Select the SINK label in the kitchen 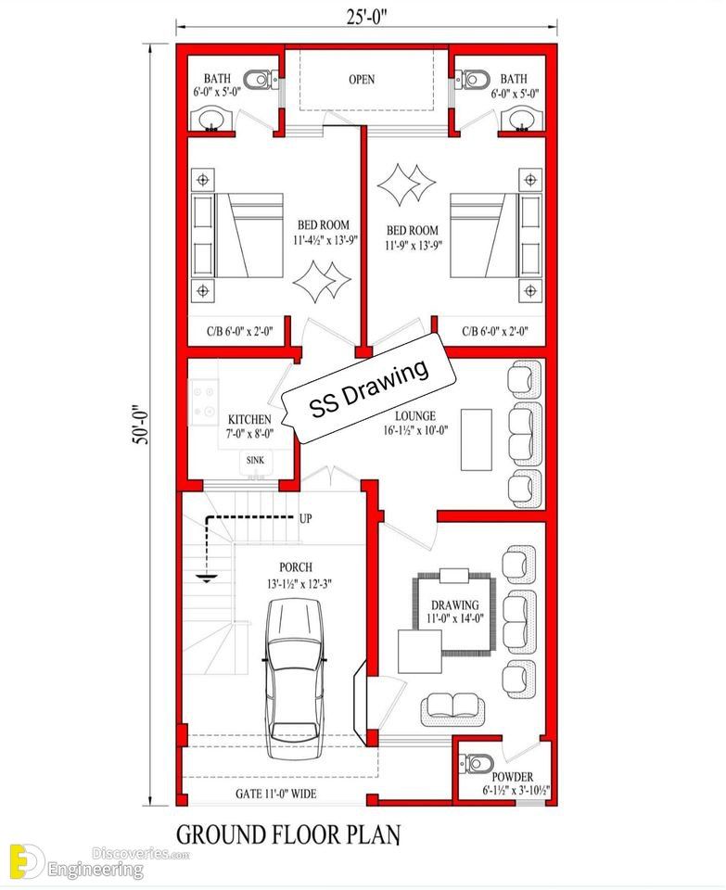[x=255, y=461]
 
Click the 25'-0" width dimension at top [x=366, y=17]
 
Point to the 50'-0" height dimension [x=141, y=424]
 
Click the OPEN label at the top [x=362, y=80]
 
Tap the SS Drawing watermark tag [x=370, y=387]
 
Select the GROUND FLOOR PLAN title [x=288, y=835]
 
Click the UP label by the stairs [x=305, y=518]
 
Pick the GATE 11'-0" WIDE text [x=276, y=794]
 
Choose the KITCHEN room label [x=249, y=419]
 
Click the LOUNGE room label [x=415, y=416]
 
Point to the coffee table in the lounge [x=477, y=439]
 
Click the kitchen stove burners [x=204, y=400]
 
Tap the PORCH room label [x=296, y=567]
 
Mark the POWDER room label [x=512, y=777]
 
